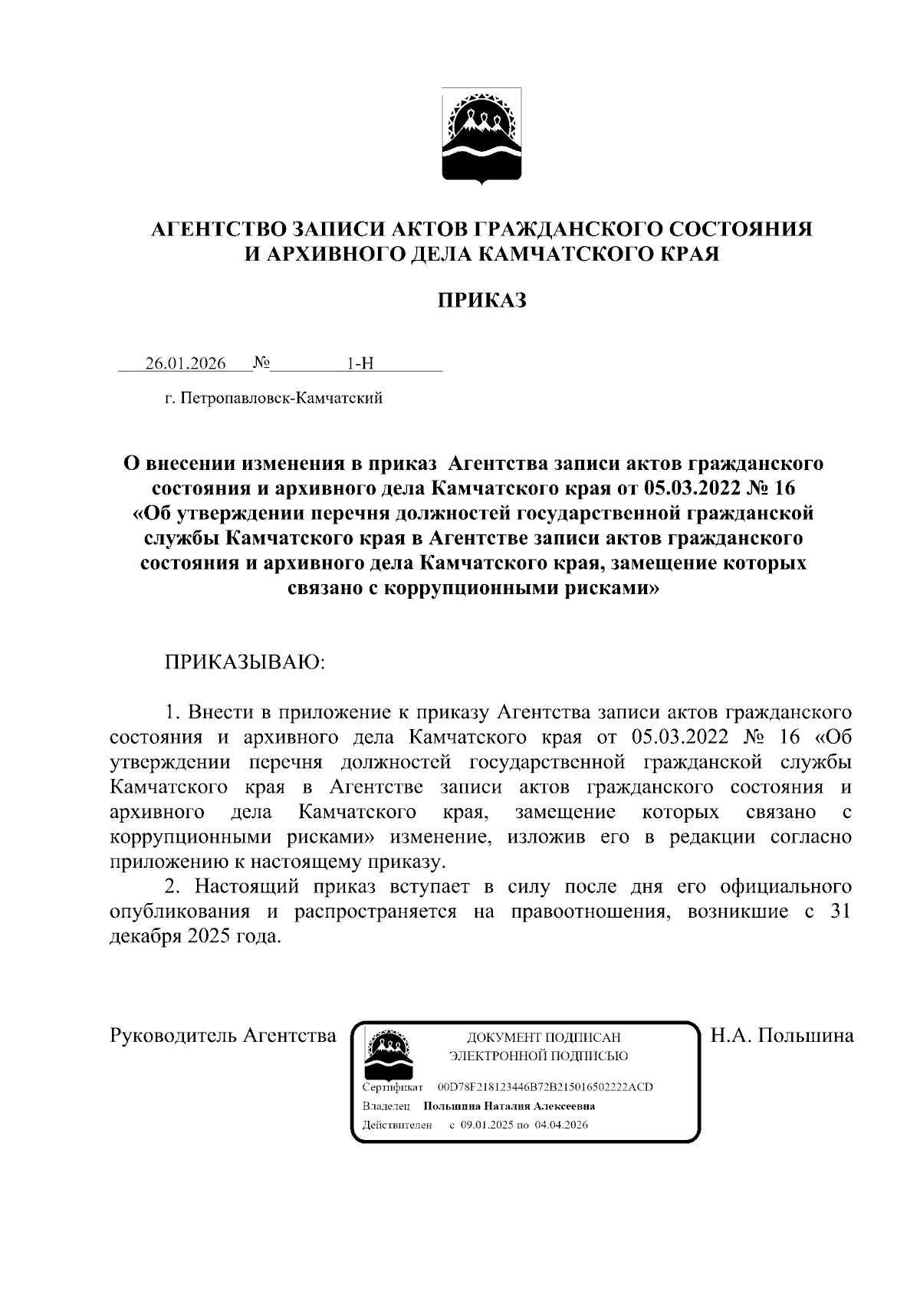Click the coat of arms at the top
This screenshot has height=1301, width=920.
tap(481, 136)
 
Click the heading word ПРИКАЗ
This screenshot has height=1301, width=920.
tap(481, 301)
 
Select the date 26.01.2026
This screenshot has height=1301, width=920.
tap(186, 363)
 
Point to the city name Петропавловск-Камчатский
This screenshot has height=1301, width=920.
tap(281, 399)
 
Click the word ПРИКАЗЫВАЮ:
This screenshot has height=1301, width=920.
tap(245, 662)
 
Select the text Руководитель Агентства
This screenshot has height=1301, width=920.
tap(223, 1036)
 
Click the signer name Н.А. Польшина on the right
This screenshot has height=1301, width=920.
tap(782, 1036)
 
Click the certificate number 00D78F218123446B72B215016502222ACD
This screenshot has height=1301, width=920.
tap(544, 1088)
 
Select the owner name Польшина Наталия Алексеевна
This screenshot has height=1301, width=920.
tap(509, 1106)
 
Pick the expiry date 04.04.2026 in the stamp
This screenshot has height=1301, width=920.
tap(562, 1125)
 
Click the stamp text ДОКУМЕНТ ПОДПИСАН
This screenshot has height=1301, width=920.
tap(544, 1038)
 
